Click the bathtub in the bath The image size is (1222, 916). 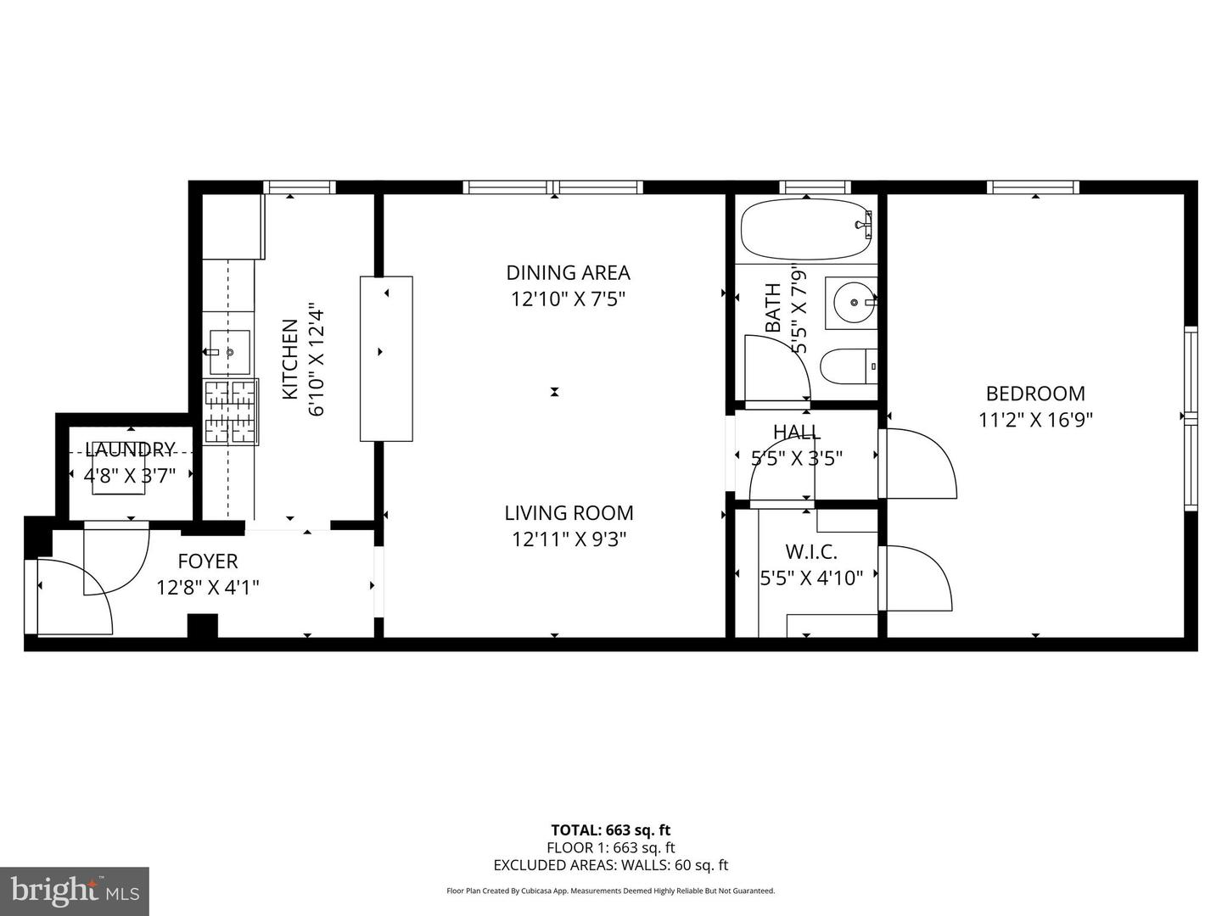[806, 229]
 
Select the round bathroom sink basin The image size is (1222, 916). [854, 303]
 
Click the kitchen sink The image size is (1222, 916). [229, 352]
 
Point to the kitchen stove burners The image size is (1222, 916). [231, 411]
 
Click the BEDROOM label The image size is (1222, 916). [1035, 394]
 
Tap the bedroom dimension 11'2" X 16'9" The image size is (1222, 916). [1035, 419]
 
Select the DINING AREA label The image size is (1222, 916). [568, 272]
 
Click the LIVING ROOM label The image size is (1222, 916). [569, 513]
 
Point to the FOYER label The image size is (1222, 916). [208, 561]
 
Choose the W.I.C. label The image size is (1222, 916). [811, 551]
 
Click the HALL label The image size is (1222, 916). [797, 432]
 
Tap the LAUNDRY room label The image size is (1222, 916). [131, 449]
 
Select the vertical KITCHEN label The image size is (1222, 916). [290, 360]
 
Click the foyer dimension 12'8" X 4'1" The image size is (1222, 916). [208, 587]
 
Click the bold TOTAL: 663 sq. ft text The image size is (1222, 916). [611, 829]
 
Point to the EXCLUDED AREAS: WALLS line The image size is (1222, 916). [611, 865]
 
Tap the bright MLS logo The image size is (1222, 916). [75, 890]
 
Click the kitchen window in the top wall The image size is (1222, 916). [300, 187]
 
